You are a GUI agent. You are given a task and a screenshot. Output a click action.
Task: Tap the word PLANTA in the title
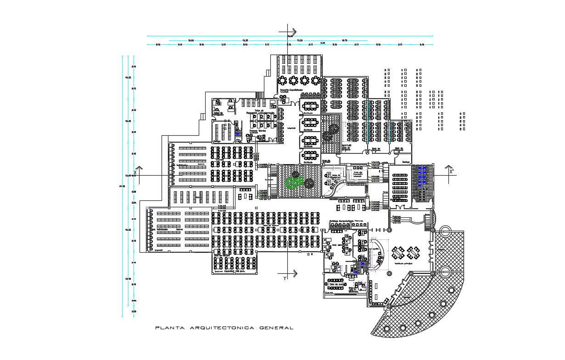tap(170, 328)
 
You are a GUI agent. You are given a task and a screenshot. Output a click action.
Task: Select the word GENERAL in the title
tap(276, 328)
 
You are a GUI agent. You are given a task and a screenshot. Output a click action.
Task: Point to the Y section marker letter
tap(285, 277)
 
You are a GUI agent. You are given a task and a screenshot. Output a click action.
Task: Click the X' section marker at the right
tap(452, 171)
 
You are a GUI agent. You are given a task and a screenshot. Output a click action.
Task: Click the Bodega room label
tap(406, 162)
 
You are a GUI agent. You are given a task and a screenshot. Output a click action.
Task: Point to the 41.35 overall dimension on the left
tap(122, 186)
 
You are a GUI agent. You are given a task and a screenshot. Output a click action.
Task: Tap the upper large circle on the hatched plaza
tap(444, 231)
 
